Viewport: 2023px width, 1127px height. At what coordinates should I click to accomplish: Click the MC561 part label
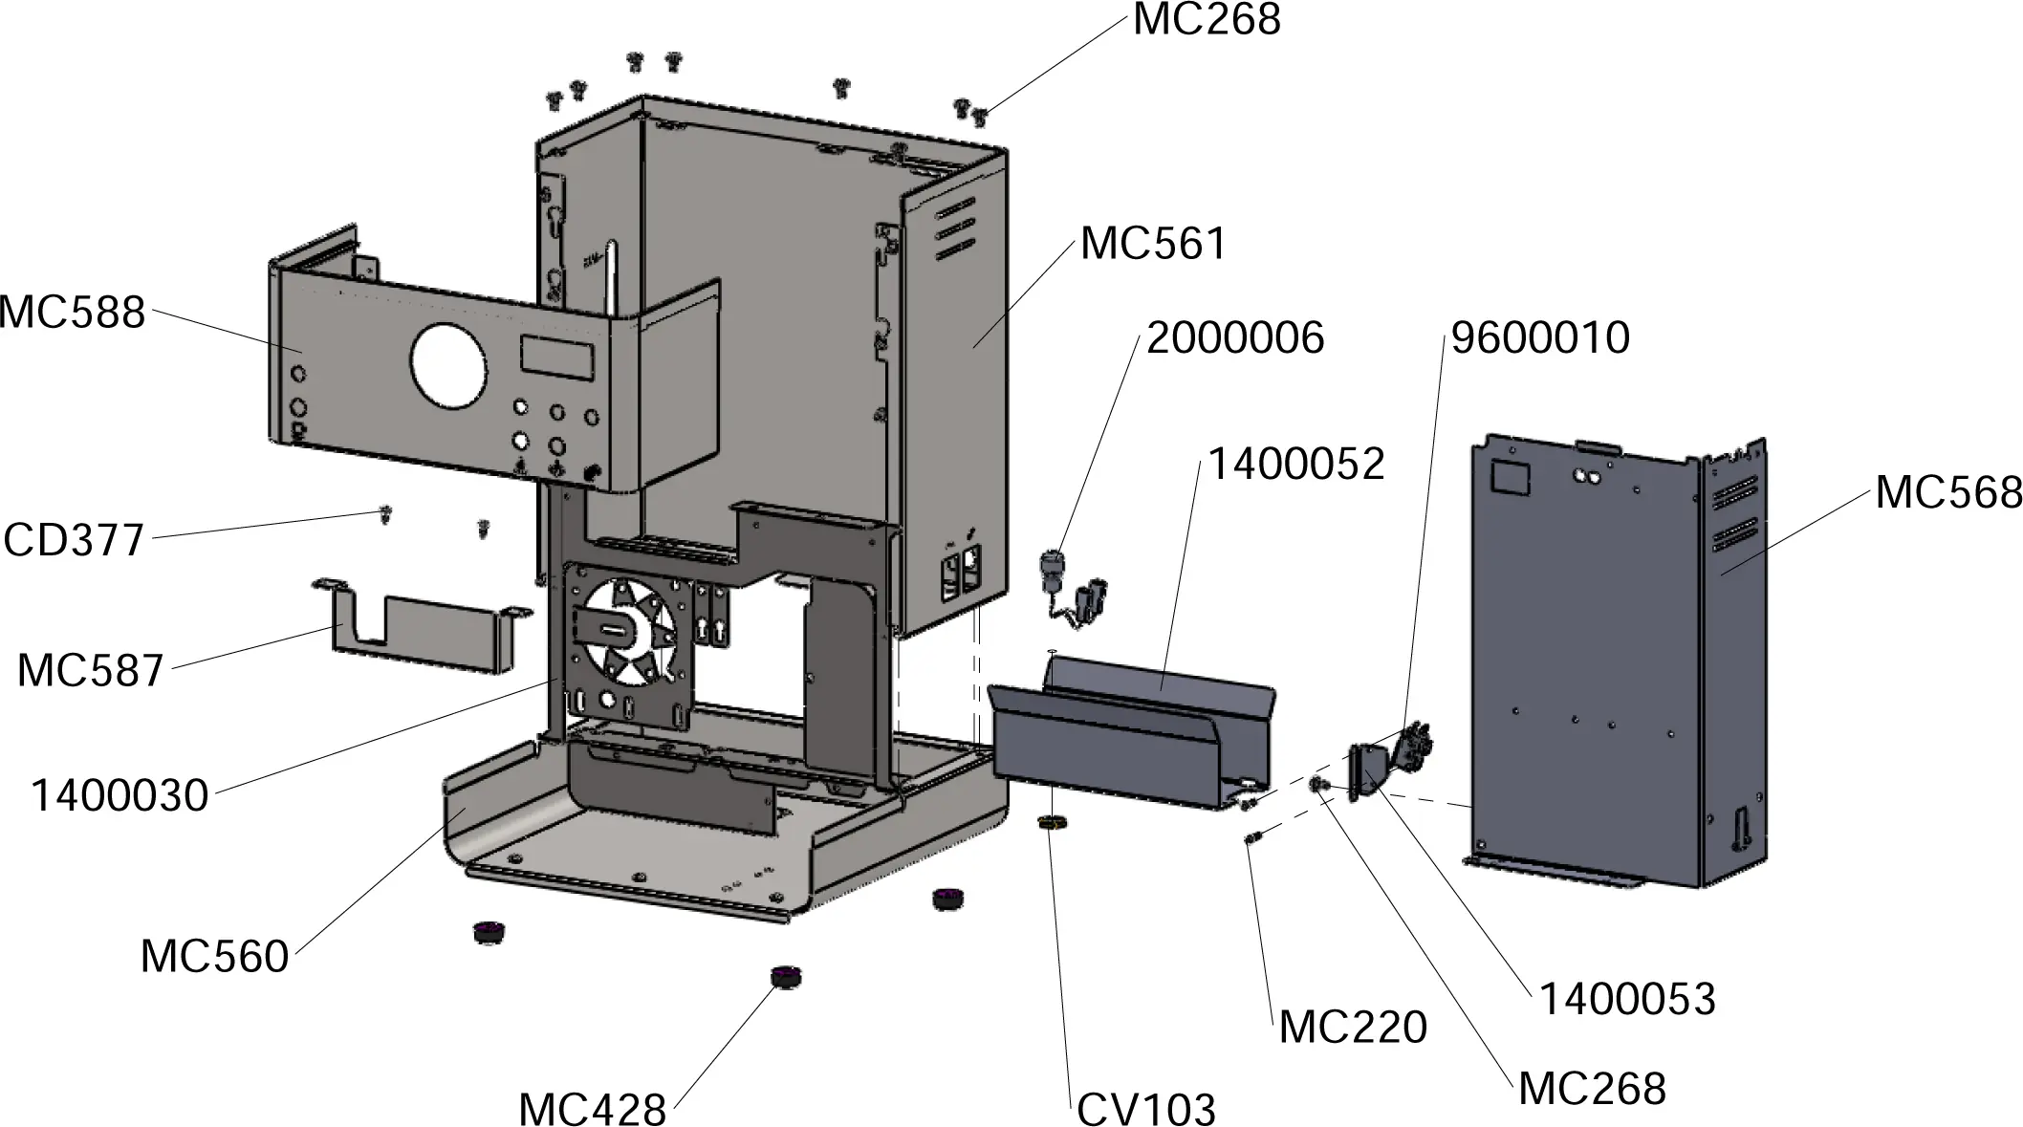point(1153,244)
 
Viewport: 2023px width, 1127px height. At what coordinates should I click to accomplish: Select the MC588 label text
point(72,313)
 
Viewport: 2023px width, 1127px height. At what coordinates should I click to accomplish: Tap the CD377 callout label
point(74,540)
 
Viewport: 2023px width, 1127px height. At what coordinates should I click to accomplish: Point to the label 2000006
point(1234,338)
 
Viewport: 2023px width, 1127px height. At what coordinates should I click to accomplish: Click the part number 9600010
point(1539,338)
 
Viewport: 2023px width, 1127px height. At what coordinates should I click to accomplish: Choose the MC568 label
point(1947,493)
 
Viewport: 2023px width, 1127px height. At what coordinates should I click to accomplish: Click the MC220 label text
point(1352,1028)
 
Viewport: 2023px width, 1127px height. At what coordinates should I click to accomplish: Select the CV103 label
point(1145,1111)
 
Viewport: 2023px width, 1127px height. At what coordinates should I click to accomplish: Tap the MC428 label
point(592,1111)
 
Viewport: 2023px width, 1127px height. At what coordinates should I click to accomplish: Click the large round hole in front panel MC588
point(447,363)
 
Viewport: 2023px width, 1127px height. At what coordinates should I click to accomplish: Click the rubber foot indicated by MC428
point(786,977)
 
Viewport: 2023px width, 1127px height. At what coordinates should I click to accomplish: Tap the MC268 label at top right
point(1206,20)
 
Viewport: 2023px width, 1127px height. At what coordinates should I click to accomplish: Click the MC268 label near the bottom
point(1592,1089)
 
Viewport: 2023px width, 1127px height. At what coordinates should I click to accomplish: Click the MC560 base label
point(214,957)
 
